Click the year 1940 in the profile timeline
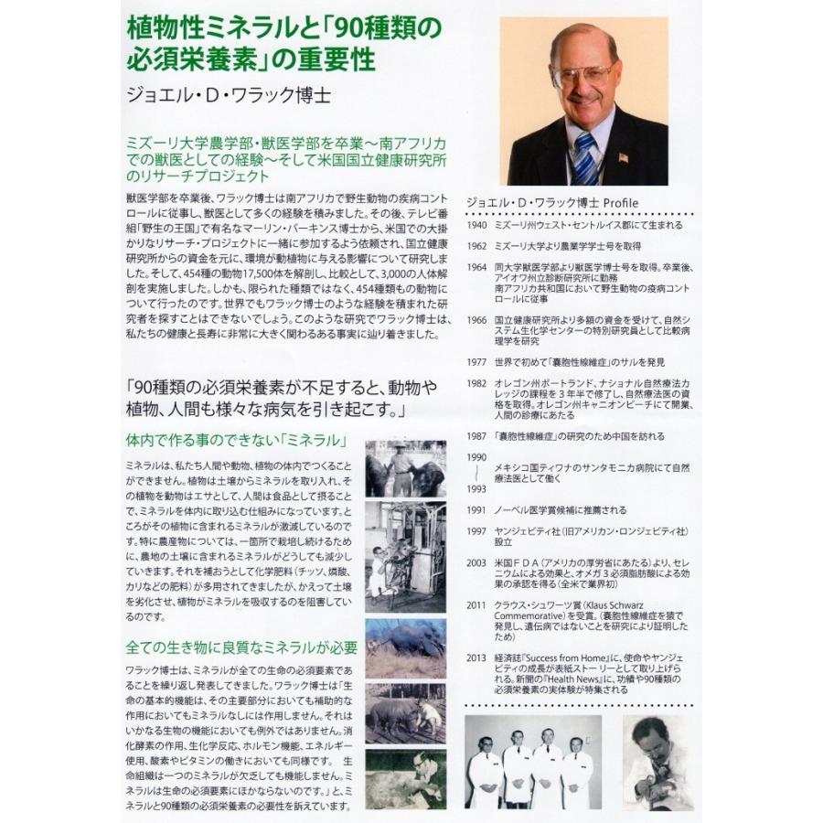coord(476,224)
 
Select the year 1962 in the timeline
coord(476,246)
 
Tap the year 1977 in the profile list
coord(476,361)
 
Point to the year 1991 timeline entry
coord(476,510)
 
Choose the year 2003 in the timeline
coord(476,562)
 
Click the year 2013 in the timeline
coord(476,657)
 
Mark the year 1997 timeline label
coord(476,531)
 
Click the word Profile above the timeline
coord(619,202)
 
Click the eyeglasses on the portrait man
coord(582,73)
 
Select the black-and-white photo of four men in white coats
coord(533,762)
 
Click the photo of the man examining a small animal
coord(658,762)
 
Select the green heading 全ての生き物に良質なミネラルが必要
coord(241,647)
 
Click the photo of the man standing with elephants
coord(406,468)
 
